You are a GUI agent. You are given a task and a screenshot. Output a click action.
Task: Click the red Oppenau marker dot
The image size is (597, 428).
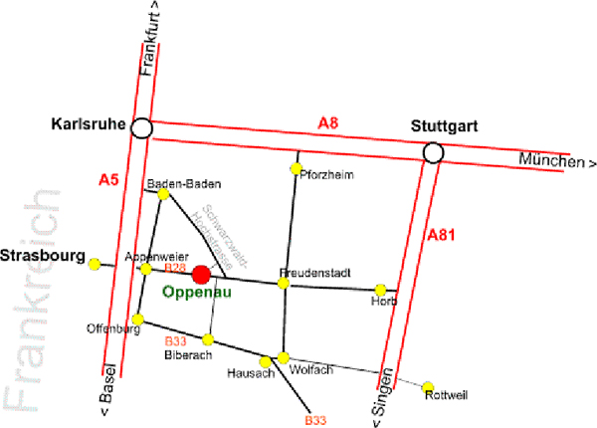(x=201, y=274)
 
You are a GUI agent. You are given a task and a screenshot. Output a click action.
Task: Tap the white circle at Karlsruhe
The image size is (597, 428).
(x=142, y=127)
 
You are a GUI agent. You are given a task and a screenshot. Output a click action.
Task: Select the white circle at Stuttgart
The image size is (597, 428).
(x=433, y=152)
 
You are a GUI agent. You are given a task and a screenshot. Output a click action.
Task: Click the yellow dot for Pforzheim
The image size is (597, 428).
(x=296, y=169)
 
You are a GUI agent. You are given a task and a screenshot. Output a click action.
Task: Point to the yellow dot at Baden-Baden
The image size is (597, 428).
(x=164, y=194)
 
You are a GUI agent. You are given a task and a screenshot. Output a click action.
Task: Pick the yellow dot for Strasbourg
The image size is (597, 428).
(x=96, y=264)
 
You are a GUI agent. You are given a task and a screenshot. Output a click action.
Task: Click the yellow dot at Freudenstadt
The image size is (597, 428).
(x=284, y=284)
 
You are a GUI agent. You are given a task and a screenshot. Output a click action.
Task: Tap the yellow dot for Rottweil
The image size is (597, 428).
(x=429, y=387)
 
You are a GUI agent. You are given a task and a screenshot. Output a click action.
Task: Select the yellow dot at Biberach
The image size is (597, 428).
(x=208, y=340)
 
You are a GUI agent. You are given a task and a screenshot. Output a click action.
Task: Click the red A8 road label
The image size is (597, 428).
(x=328, y=122)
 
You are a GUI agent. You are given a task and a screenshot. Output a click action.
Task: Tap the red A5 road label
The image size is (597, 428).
(x=108, y=180)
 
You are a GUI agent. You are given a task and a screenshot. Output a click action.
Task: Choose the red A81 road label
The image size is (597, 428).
(x=440, y=235)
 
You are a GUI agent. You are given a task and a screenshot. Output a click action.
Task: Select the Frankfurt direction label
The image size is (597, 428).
(x=151, y=40)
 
